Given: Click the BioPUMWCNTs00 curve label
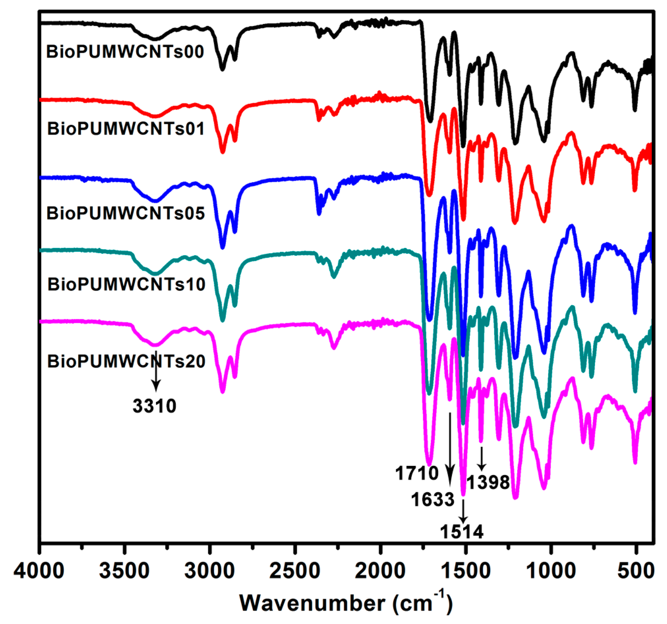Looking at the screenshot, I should pyautogui.click(x=125, y=52).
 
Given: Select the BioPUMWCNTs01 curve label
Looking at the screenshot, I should pyautogui.click(x=126, y=129).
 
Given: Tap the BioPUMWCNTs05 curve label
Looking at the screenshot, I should pyautogui.click(x=126, y=213).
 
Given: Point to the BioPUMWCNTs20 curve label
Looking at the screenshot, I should pyautogui.click(x=126, y=361).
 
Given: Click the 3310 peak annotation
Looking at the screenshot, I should pyautogui.click(x=154, y=406).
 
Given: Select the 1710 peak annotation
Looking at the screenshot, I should pyautogui.click(x=417, y=473).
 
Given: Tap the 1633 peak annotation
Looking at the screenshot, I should pyautogui.click(x=432, y=499).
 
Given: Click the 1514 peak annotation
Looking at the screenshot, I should pyautogui.click(x=462, y=532).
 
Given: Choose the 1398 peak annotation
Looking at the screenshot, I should pyautogui.click(x=488, y=482).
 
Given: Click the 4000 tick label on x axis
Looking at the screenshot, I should pyautogui.click(x=39, y=570).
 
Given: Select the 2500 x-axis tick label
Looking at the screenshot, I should pyautogui.click(x=295, y=570).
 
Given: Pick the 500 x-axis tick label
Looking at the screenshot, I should pyautogui.click(x=636, y=570).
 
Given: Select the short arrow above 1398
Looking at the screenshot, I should pyautogui.click(x=482, y=458).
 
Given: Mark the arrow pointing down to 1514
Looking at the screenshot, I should pyautogui.click(x=463, y=511).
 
